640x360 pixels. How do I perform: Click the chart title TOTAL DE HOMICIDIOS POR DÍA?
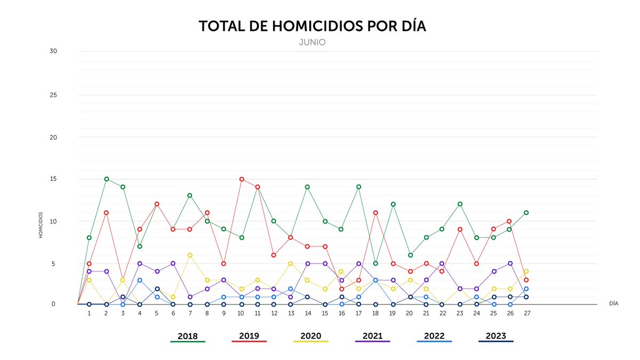(313, 27)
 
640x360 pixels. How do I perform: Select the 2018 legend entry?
(188, 336)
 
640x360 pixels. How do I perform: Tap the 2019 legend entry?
(250, 336)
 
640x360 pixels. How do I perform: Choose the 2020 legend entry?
(311, 336)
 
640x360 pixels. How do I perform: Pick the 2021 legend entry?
(373, 336)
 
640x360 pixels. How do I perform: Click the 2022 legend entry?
(434, 336)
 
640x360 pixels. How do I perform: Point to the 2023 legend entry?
(496, 336)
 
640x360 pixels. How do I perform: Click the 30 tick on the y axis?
(53, 51)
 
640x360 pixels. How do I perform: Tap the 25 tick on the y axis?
(53, 95)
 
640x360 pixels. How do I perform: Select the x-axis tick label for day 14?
(308, 313)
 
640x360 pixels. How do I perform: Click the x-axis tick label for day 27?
(526, 313)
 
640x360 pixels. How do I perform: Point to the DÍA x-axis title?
(614, 303)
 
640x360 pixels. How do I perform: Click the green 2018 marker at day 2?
(107, 179)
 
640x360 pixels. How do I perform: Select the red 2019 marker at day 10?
(242, 179)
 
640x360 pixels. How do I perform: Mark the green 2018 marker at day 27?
(526, 212)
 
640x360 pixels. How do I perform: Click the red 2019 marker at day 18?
(376, 213)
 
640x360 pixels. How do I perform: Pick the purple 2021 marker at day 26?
(510, 263)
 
